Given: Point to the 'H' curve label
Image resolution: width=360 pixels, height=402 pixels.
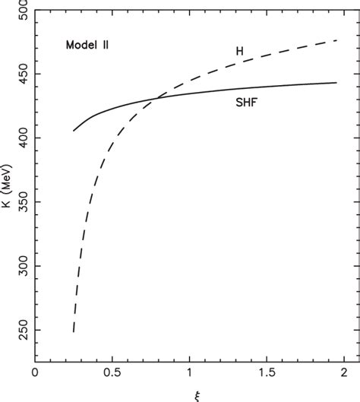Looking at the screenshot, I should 238,51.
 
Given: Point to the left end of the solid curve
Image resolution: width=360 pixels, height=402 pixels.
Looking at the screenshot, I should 74,131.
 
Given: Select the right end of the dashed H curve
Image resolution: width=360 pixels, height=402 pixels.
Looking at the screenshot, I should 336,40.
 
